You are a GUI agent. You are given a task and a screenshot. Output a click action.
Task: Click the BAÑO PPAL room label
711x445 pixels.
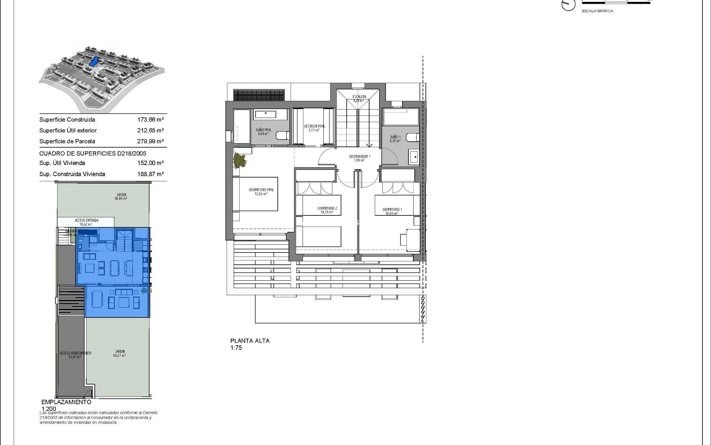[x=263, y=130]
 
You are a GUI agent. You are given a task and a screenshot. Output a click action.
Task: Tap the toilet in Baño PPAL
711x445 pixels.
[x=283, y=136]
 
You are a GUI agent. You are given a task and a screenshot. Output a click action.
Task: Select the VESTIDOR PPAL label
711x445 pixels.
[x=314, y=126]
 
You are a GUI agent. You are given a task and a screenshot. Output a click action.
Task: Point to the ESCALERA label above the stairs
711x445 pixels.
[x=359, y=97]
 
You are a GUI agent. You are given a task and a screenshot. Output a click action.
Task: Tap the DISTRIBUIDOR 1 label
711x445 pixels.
[x=359, y=157]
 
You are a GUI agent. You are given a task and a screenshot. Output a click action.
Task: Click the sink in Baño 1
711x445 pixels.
[x=414, y=157]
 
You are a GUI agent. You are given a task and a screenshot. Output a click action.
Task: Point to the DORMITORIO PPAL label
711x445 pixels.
[x=261, y=190]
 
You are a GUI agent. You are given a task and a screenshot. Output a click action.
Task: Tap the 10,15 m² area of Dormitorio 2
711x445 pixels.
[x=327, y=213]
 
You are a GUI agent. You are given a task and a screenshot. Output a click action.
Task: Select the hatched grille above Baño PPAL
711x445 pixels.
[x=259, y=95]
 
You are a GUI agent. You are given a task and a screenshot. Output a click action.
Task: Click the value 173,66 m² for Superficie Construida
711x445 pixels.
[x=150, y=120]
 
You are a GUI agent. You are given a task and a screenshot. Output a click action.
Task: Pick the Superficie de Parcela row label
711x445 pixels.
[x=67, y=141]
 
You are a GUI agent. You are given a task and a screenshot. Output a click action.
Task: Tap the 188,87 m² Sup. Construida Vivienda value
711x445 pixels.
[x=150, y=174]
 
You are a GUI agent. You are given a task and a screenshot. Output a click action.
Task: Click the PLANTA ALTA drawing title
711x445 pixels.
[x=250, y=341]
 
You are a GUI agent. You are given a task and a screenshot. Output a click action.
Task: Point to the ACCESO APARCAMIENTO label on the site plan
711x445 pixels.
[x=75, y=353]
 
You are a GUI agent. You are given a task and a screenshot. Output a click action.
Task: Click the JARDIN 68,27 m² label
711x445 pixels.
[x=120, y=353]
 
